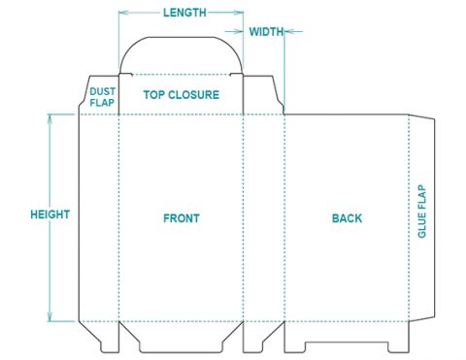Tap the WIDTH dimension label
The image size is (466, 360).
point(266,31)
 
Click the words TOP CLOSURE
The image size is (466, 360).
point(182,95)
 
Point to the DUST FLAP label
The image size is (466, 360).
point(102,95)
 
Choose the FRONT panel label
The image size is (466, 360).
point(182,218)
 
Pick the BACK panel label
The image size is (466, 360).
point(347,218)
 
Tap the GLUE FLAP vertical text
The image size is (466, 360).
point(422,212)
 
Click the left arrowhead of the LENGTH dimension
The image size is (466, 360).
point(121,13)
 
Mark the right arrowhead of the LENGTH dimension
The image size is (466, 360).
point(240,13)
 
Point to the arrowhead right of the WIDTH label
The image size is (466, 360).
point(288,31)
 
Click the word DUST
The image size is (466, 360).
point(102,90)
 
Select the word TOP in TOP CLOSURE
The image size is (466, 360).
point(153,95)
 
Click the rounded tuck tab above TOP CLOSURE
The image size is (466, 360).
point(181,53)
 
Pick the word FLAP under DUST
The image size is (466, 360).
point(102,101)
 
